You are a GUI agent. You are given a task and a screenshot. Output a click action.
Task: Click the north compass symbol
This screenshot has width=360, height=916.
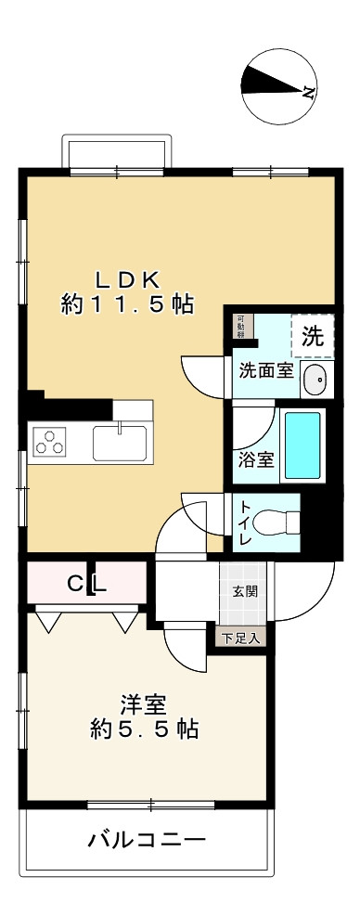click(x=277, y=89)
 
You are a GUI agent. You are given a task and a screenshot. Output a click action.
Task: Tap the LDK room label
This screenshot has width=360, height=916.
click(x=128, y=278)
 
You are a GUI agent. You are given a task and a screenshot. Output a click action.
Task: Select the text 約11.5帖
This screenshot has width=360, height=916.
click(x=128, y=304)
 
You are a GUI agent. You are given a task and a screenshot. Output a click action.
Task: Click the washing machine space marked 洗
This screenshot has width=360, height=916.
click(x=314, y=336)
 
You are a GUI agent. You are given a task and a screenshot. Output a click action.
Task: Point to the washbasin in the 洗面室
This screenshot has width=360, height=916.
click(x=315, y=379)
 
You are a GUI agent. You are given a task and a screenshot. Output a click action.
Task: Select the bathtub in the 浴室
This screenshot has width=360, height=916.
click(x=302, y=445)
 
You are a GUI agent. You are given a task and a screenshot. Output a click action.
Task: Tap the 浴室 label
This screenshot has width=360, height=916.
click(x=253, y=459)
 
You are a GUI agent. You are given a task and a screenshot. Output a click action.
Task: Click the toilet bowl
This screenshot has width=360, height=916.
click(x=278, y=522)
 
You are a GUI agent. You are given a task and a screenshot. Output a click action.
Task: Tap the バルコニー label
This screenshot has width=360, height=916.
click(x=147, y=841)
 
